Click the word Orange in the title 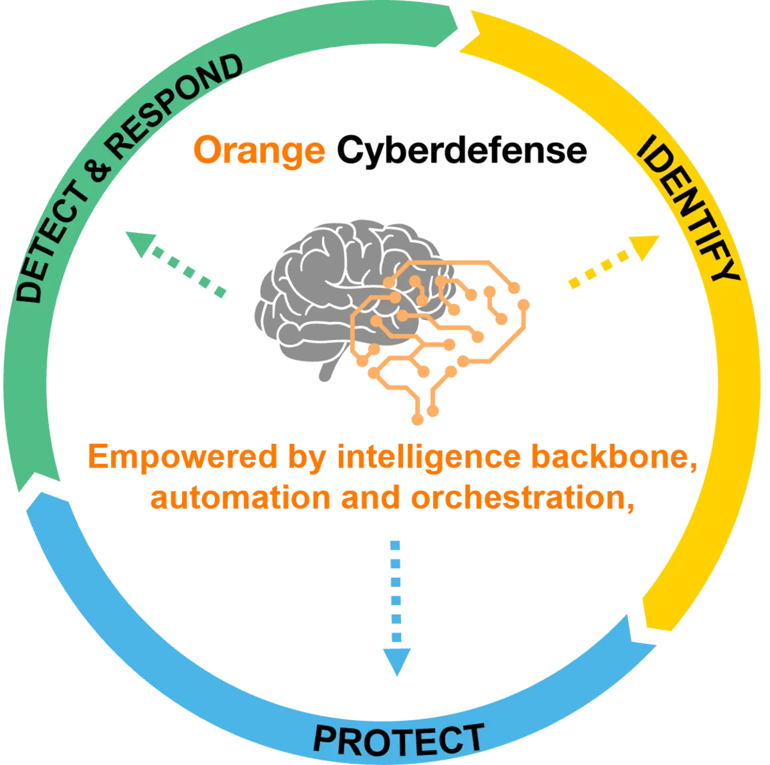coord(259,151)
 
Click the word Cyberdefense coord(462,151)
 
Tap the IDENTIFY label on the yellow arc coord(687,208)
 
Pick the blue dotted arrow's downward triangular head coord(397,662)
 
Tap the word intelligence coord(429,457)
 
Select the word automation coord(240,498)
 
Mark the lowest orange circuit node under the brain coord(418,419)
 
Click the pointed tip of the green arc coord(458,28)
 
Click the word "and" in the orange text coord(370,497)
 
